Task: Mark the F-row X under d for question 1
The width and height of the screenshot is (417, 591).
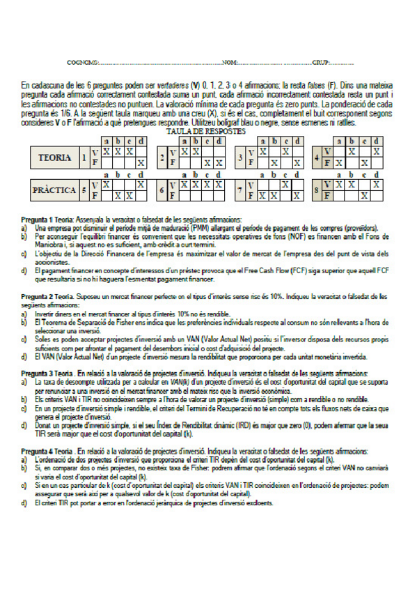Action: click(141, 163)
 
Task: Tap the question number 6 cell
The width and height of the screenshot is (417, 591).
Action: click(162, 190)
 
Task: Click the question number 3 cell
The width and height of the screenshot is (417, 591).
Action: click(240, 158)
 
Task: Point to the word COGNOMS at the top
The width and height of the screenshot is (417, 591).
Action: click(82, 63)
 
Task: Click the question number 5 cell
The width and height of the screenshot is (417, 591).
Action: click(84, 190)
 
